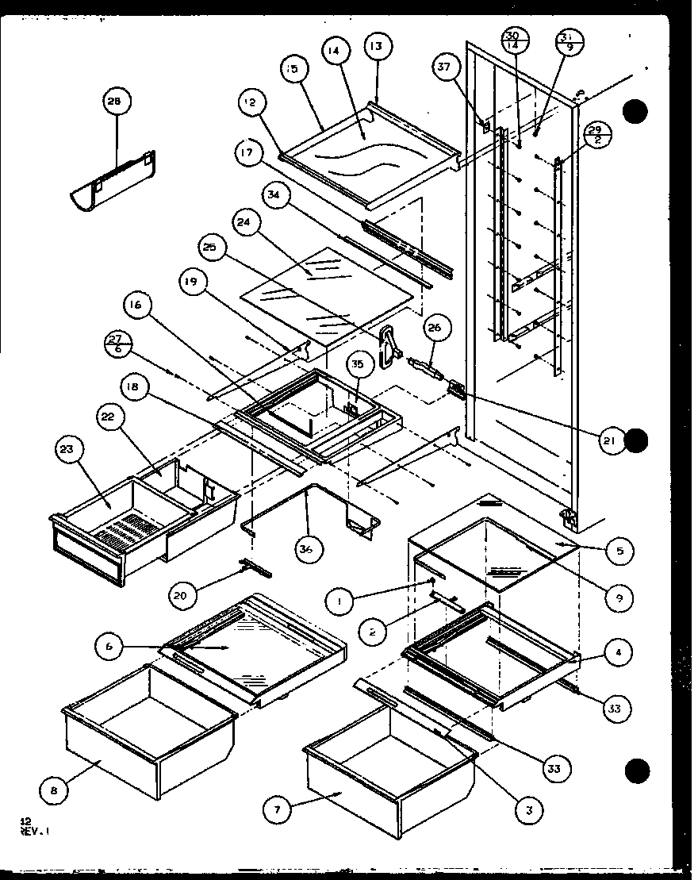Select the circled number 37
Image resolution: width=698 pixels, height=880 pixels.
click(x=443, y=67)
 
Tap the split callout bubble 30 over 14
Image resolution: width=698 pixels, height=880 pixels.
click(x=512, y=40)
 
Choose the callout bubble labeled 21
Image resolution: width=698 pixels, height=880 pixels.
click(x=611, y=441)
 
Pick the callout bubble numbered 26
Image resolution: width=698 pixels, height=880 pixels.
click(x=438, y=327)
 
